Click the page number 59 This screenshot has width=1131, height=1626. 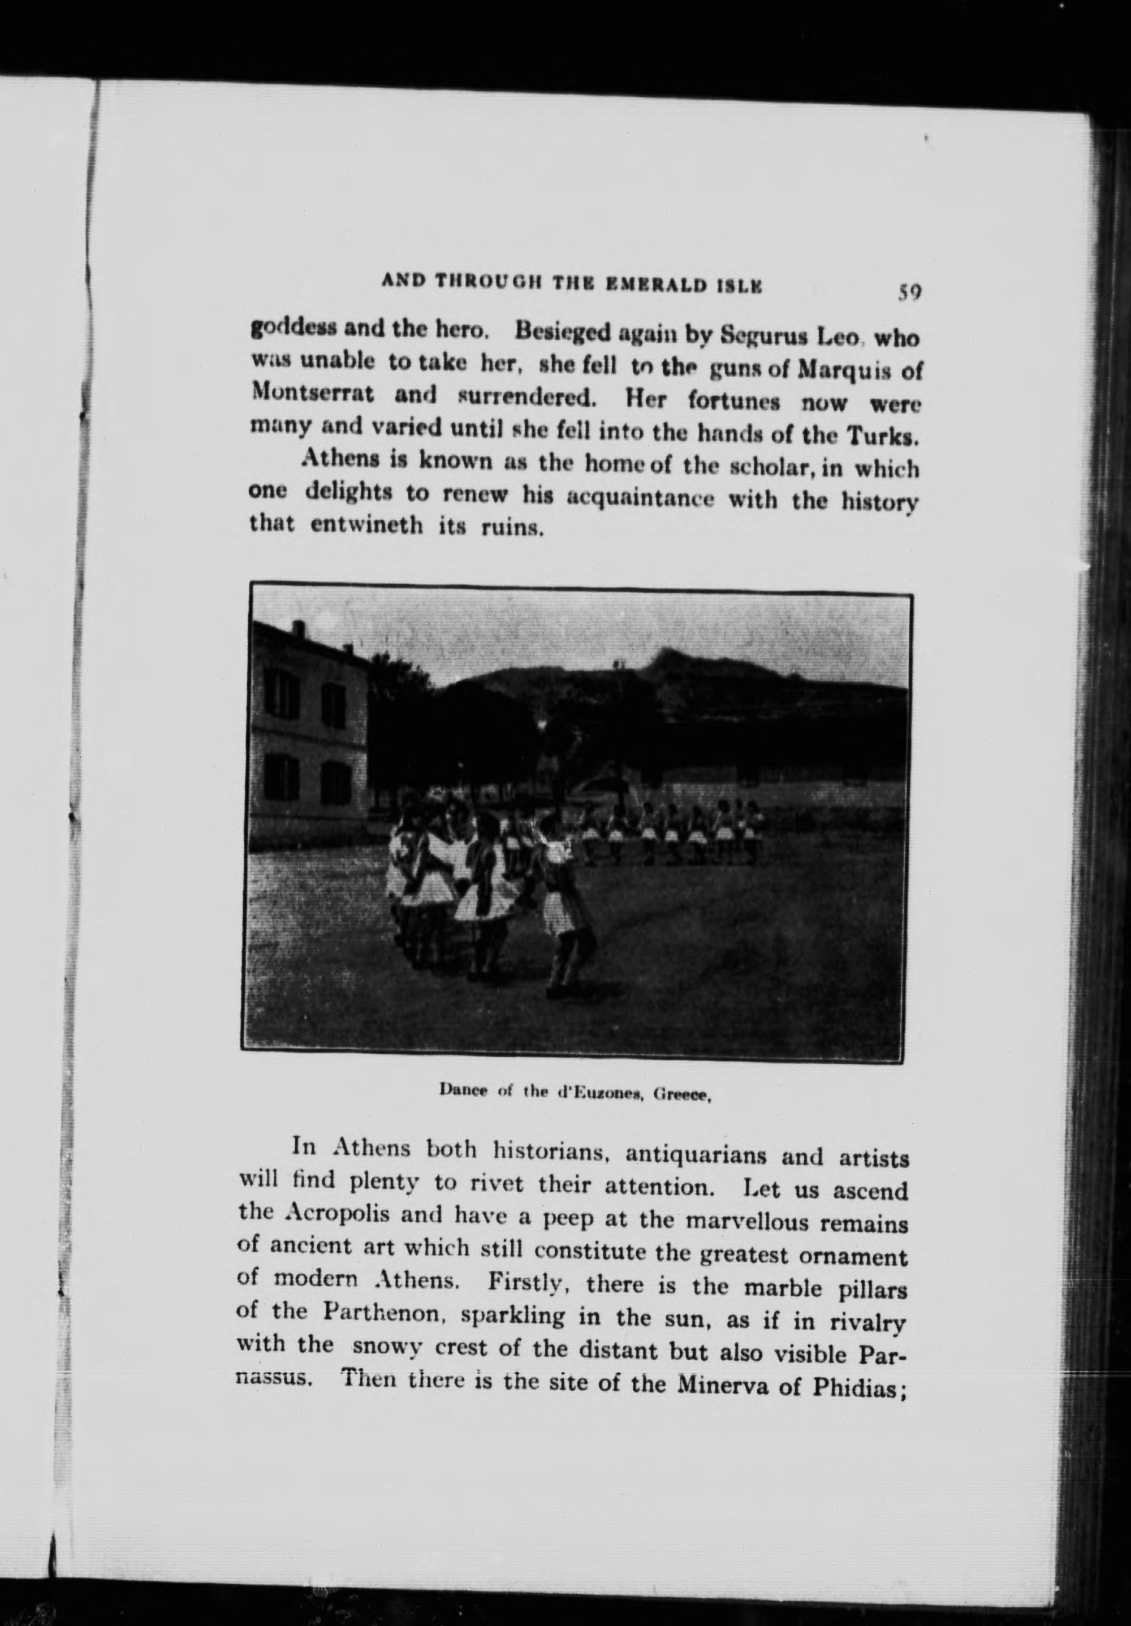pos(909,292)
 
